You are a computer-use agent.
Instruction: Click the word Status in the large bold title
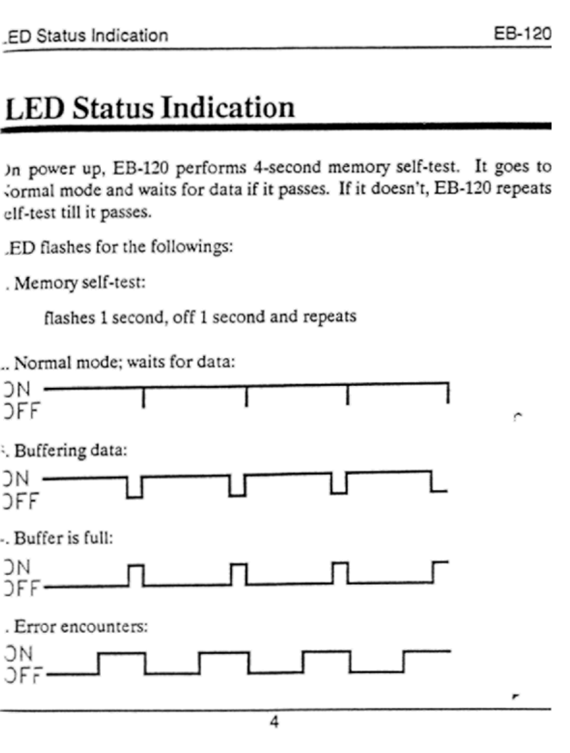(x=113, y=108)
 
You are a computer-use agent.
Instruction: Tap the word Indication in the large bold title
(x=227, y=108)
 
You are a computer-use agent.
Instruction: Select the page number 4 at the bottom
(x=274, y=722)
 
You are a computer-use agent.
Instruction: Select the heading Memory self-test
(x=79, y=282)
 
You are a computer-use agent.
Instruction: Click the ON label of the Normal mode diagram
(x=17, y=389)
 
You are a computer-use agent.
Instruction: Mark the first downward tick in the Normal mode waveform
(x=143, y=397)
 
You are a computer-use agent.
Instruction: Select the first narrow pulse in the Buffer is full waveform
(x=136, y=574)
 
